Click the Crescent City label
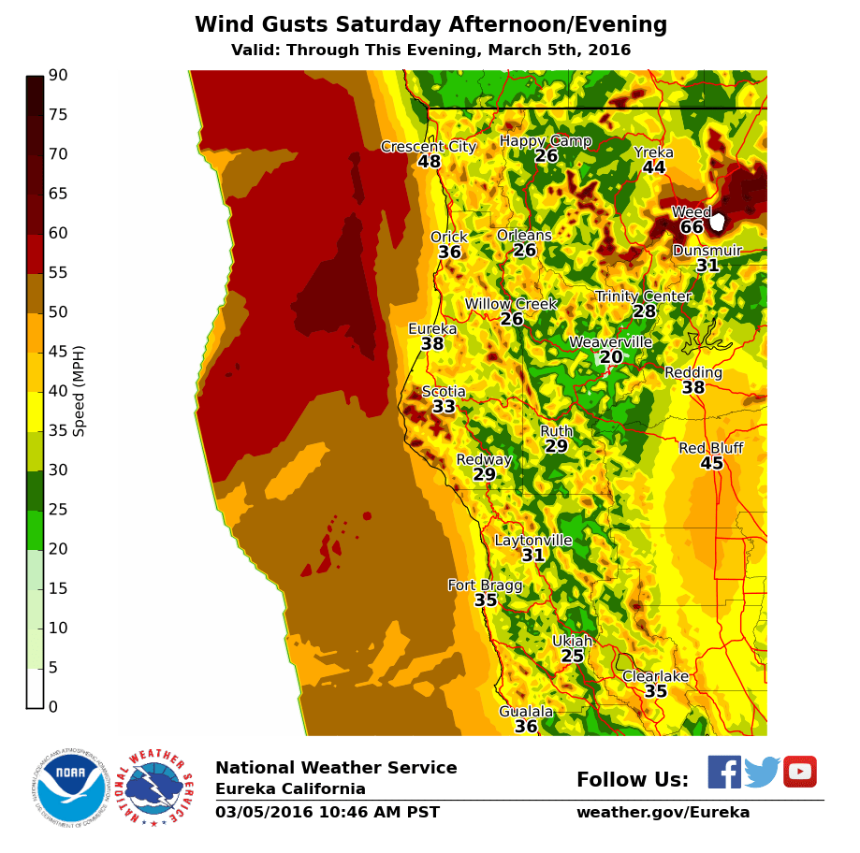click(x=429, y=147)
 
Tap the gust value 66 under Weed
click(x=692, y=227)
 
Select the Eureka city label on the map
click(x=432, y=329)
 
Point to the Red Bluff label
click(x=711, y=449)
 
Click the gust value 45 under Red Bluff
click(x=711, y=464)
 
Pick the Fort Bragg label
click(x=485, y=586)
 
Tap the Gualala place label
click(x=526, y=712)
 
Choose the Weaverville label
click(x=610, y=342)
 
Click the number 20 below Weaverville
click(x=611, y=357)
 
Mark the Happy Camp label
click(x=546, y=141)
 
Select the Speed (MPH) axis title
click(x=80, y=391)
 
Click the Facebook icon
click(x=724, y=772)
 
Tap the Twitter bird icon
click(x=762, y=773)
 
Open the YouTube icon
click(x=800, y=772)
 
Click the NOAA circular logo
click(x=71, y=787)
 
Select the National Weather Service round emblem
click(x=157, y=787)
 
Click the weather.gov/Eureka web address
click(x=663, y=813)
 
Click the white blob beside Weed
click(x=718, y=222)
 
